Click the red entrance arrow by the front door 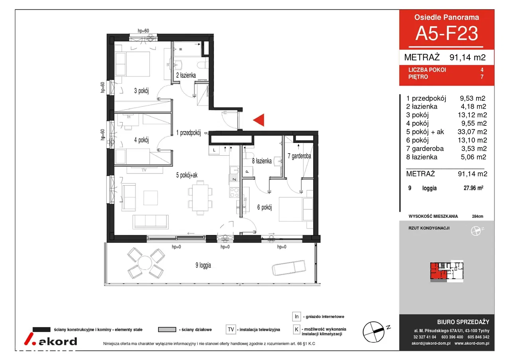coord(260,120)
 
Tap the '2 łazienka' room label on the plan coord(186,75)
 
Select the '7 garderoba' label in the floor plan coord(299,156)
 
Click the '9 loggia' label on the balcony coord(203,265)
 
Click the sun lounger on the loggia coord(289,268)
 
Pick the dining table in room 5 coord(200,198)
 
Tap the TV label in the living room coord(144,170)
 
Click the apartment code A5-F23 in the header coord(447,33)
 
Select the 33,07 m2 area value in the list coord(472,131)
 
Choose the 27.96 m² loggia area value coord(473,188)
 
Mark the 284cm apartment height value coord(477,216)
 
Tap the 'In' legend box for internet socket coord(296,316)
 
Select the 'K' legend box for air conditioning coord(296,329)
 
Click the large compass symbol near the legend coord(374,332)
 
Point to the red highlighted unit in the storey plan coord(438,271)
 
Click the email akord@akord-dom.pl coord(431,343)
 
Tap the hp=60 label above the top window coord(143,31)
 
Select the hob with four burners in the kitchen coord(234,192)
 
